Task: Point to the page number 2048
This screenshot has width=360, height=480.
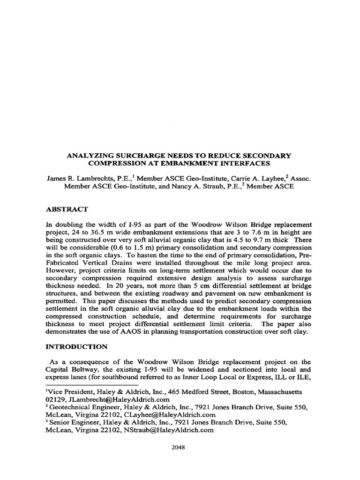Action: pos(179,447)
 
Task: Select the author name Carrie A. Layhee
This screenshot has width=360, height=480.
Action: pos(260,179)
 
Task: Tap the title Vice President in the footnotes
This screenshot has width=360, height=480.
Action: pos(69,391)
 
